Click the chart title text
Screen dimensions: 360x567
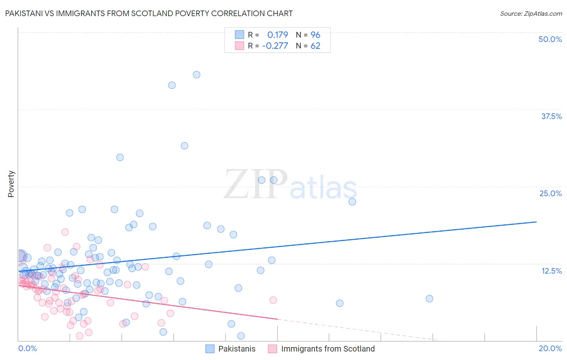pos(149,13)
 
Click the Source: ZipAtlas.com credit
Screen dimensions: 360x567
pos(531,13)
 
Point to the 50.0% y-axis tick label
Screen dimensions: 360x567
pos(550,39)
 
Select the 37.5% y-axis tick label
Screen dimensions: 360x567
pos(551,116)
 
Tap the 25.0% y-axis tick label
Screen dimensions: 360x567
pos(550,193)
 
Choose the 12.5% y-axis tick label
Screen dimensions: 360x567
pos(551,271)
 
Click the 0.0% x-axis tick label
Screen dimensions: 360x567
pos(27,348)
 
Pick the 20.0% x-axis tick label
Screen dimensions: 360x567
pos(550,348)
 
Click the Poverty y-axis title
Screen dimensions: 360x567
pos(11,184)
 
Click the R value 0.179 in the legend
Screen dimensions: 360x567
pos(277,35)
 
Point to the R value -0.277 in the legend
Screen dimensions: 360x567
pos(275,46)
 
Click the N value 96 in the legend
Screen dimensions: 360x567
pos(315,35)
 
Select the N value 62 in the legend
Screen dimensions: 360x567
pos(315,46)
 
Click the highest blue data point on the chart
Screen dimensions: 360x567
pos(196,75)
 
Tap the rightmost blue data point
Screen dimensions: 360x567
pos(429,299)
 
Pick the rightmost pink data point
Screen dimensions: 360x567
pos(273,300)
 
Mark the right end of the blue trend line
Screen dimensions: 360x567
pos(536,222)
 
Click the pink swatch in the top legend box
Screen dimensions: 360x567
pos(240,46)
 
